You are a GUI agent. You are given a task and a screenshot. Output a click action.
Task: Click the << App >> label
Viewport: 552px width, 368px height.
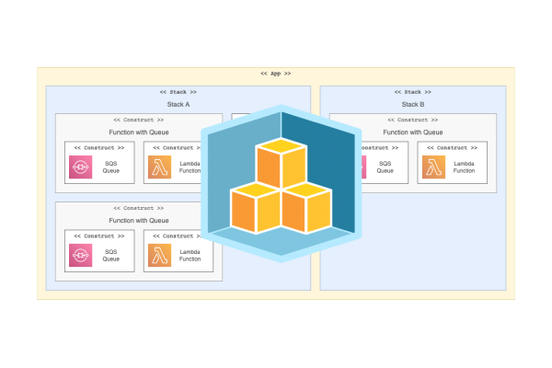(276, 73)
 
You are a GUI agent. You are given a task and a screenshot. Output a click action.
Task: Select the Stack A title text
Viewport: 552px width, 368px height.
(178, 104)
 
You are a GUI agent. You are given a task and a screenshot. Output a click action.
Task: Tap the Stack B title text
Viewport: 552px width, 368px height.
(413, 104)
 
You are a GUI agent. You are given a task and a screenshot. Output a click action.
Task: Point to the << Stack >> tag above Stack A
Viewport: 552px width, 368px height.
(178, 92)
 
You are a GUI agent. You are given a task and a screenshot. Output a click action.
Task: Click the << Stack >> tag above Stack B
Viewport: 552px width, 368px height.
(413, 92)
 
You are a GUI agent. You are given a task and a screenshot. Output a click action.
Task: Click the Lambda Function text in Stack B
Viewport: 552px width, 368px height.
(465, 167)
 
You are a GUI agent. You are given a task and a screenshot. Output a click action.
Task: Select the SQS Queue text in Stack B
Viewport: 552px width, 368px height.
(385, 167)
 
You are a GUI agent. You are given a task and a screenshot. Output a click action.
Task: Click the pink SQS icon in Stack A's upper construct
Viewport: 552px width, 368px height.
(80, 167)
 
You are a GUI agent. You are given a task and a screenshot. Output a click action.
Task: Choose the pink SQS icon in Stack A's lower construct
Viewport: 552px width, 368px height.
(80, 255)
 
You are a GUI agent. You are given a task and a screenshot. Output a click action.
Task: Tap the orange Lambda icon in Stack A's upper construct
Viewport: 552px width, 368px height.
(159, 167)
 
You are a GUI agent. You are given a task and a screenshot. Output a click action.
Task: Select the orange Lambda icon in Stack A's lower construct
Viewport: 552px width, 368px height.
(159, 255)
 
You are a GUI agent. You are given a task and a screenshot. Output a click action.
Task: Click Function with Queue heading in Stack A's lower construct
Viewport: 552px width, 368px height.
(139, 220)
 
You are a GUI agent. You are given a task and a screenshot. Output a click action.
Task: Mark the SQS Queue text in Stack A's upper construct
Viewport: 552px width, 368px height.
(110, 167)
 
